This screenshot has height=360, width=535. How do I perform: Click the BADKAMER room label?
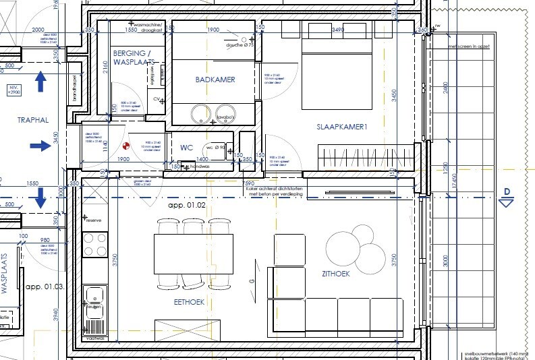coord(215,80)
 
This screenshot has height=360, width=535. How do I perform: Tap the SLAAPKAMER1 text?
coord(341,127)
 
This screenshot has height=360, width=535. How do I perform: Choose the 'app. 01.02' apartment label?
coord(186,204)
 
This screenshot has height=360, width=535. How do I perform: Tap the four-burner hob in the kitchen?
coord(94,244)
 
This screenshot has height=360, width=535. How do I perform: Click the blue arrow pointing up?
coord(40,82)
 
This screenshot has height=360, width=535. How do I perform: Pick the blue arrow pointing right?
coord(40,145)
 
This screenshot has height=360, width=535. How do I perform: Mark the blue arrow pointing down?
coord(40,198)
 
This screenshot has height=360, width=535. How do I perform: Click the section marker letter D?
coord(507,192)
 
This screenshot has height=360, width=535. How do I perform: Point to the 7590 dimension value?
coord(248,183)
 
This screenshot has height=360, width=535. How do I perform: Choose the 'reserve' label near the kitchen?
coord(92,220)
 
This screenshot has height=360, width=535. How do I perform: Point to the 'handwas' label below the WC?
coord(200,166)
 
